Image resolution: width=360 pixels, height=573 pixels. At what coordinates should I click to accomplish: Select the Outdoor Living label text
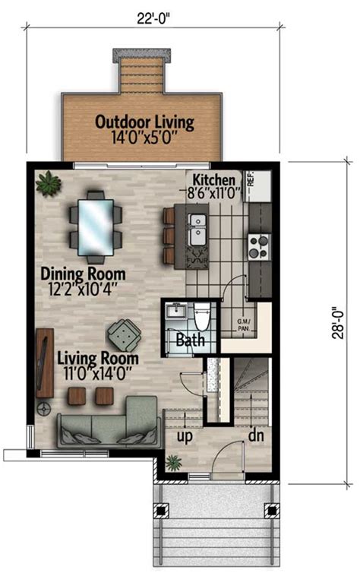[144, 128]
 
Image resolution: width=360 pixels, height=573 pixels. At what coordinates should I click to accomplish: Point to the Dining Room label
[83, 280]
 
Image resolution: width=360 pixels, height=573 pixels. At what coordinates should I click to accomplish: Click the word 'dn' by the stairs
[256, 438]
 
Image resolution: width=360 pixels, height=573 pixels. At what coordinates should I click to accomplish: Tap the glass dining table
[96, 223]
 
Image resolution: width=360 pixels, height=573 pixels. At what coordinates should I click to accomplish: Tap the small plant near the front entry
[175, 462]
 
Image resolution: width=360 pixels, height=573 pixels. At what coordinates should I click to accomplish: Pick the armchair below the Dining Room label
[122, 332]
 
